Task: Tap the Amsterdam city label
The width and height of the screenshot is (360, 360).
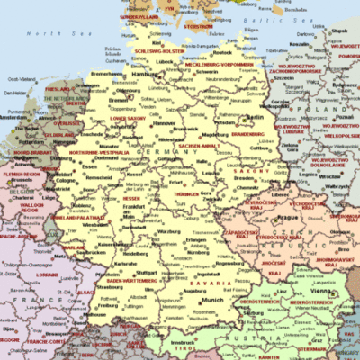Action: click(x=13, y=117)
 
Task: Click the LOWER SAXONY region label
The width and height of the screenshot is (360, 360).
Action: click(x=127, y=118)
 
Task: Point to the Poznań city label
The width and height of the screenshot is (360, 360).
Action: click(x=342, y=117)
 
